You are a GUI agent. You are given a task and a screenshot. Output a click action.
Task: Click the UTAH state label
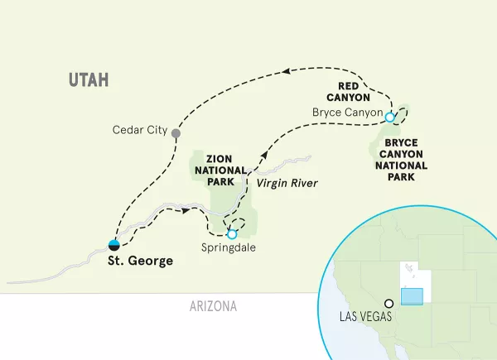coord(90,79)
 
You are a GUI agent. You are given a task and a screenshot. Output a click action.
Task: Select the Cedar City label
coord(140,131)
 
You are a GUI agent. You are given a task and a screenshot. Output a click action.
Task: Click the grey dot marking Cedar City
coord(176,132)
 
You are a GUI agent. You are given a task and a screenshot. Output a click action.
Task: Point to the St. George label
coord(140,262)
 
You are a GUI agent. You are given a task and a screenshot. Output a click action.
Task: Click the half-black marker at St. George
coord(113,244)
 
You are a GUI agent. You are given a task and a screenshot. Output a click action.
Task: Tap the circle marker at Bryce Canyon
coord(389,118)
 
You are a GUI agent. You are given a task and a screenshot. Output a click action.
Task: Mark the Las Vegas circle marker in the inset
coord(388,303)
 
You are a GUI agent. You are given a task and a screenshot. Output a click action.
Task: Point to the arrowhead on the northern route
coord(287,72)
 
